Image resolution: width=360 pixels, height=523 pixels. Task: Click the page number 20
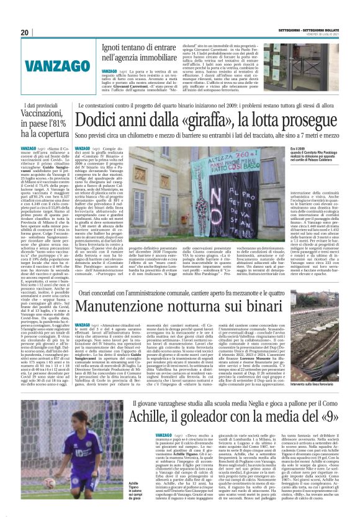(25, 32)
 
